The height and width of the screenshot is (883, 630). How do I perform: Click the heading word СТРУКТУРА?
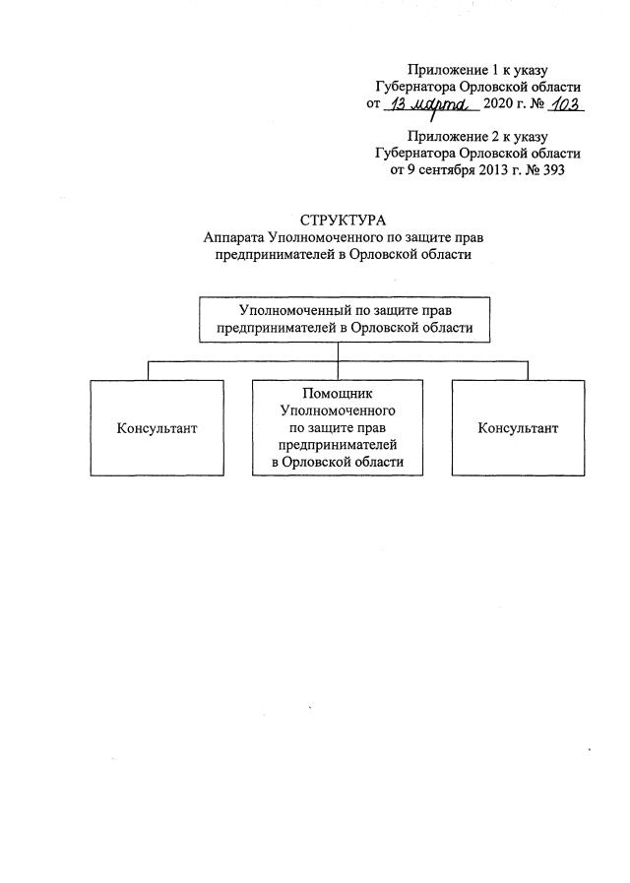tap(338, 220)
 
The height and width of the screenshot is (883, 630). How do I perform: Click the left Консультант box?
tap(157, 428)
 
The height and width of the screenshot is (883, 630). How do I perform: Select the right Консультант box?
tap(518, 428)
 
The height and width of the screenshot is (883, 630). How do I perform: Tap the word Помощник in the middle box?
tap(338, 394)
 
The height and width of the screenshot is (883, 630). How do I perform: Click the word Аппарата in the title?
tap(230, 237)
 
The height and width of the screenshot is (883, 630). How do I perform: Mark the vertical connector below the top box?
tap(338, 352)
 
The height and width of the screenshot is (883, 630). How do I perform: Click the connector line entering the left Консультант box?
tap(149, 371)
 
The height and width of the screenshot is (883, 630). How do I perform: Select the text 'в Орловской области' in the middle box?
tap(338, 462)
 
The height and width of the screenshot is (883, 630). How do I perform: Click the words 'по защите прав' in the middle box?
tap(338, 428)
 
